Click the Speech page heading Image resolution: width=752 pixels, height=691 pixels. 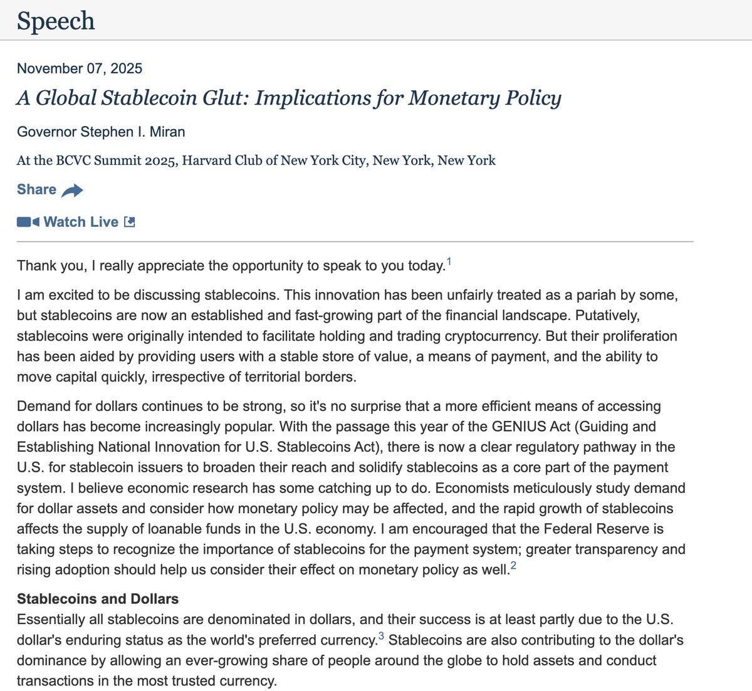coord(56,21)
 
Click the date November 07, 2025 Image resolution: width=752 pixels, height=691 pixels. coord(80,68)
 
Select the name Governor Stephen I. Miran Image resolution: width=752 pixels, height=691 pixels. coord(101,132)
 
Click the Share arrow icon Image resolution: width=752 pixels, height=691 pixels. coord(72,190)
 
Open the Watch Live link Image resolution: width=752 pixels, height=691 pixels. coord(81,222)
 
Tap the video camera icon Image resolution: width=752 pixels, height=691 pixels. coord(28,222)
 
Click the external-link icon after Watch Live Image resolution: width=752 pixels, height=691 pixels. coord(130,222)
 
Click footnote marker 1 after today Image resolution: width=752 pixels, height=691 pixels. coord(449,261)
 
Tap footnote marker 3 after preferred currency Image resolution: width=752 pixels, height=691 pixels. coord(382,637)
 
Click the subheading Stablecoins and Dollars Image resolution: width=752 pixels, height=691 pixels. coord(98,599)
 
